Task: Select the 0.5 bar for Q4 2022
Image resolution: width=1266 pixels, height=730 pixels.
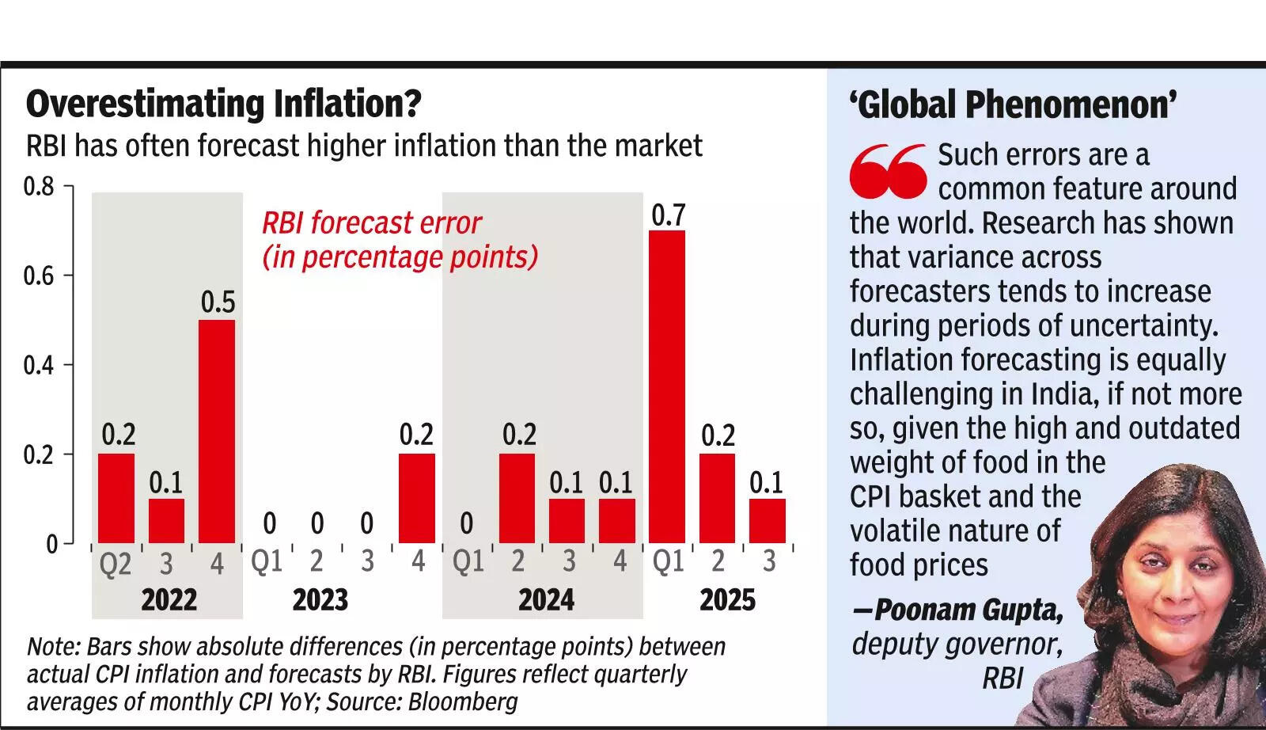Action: (x=217, y=431)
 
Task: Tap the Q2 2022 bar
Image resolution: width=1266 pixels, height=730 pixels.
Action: (x=116, y=498)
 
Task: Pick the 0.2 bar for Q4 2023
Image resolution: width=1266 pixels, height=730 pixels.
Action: (x=416, y=498)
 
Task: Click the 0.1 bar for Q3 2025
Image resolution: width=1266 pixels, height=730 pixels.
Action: (x=767, y=520)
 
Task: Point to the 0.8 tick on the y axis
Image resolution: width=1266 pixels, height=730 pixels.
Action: (x=39, y=187)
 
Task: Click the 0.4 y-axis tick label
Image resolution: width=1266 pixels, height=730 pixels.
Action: (x=39, y=366)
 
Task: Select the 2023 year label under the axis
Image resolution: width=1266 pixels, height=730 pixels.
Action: (x=320, y=600)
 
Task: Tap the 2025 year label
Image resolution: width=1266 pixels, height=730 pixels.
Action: (x=727, y=600)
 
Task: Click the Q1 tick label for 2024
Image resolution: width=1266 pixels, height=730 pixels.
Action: (x=468, y=561)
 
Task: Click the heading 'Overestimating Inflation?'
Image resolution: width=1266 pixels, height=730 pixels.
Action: (x=224, y=104)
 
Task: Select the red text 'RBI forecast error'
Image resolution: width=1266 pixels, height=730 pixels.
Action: (x=371, y=222)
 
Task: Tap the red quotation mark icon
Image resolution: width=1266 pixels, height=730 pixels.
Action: (x=888, y=171)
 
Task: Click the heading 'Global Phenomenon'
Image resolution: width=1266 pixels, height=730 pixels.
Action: (x=1013, y=105)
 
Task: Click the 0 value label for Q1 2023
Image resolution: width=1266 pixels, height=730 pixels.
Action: (x=269, y=523)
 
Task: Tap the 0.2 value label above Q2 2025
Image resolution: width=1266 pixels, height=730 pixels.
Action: (x=718, y=435)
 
